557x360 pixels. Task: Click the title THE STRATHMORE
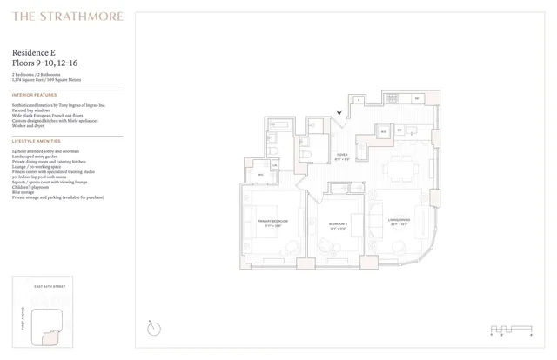(68, 16)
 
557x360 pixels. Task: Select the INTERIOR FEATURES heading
(35, 95)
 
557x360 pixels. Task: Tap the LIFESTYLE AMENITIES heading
(37, 140)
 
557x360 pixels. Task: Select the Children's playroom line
(32, 188)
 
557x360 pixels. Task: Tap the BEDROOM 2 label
(338, 223)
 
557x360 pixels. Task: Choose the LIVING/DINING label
(399, 220)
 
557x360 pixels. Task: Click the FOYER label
(342, 157)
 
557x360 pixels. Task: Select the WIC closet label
(260, 175)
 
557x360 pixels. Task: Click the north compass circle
(154, 328)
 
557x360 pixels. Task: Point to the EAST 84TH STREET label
(50, 286)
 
